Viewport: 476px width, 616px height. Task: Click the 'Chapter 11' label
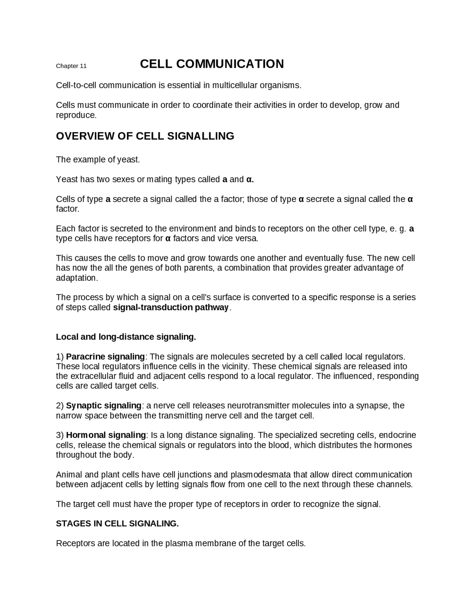pos(71,66)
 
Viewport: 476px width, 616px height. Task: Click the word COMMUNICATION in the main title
pos(230,64)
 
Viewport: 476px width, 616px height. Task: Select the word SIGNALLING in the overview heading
pos(200,136)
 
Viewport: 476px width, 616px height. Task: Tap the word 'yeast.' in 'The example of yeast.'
pos(129,160)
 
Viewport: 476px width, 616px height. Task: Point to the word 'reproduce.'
pos(76,115)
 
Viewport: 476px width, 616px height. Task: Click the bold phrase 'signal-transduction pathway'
pos(171,308)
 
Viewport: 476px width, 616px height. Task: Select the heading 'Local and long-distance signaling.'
pos(126,337)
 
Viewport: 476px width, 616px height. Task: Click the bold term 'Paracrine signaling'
pos(105,357)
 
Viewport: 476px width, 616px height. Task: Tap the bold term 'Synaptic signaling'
pos(104,405)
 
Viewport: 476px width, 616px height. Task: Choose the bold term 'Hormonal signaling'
pos(106,435)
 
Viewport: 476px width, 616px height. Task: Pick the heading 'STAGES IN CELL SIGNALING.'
pos(117,524)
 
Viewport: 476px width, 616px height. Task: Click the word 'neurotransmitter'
pos(258,405)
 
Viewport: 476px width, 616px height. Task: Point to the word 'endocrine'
pos(398,435)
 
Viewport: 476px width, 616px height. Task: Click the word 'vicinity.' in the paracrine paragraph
pos(234,366)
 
